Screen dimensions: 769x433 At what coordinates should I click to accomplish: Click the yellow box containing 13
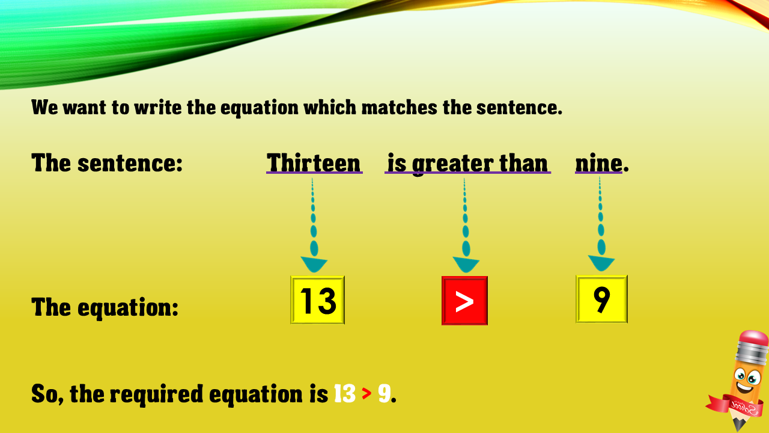[x=318, y=300]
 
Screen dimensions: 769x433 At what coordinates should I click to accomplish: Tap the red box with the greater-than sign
[x=464, y=301]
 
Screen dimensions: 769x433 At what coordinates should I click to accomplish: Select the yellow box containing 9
[x=601, y=299]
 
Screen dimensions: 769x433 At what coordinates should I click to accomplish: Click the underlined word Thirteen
[x=314, y=163]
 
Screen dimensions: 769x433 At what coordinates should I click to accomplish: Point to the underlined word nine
[x=599, y=164]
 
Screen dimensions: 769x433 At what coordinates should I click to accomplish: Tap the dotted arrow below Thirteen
[x=314, y=226]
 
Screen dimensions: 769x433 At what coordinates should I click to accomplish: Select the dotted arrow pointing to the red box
[x=466, y=226]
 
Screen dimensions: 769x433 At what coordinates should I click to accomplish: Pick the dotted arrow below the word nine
[x=601, y=224]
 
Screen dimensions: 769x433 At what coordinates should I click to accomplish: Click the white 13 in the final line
[x=345, y=394]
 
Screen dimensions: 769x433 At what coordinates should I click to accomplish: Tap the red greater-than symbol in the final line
[x=366, y=394]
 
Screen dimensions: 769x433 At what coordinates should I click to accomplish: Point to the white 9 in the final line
[x=384, y=394]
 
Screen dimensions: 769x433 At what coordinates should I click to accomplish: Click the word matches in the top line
[x=400, y=108]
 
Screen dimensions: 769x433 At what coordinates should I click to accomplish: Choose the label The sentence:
[x=107, y=163]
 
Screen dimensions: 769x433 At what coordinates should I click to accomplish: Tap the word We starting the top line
[x=44, y=108]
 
